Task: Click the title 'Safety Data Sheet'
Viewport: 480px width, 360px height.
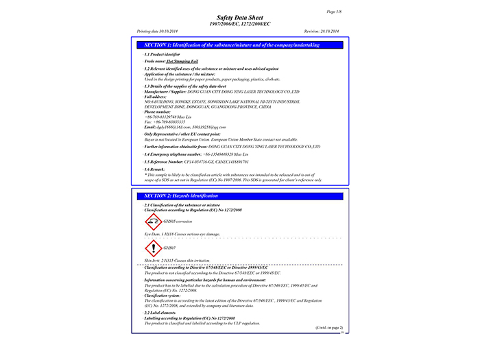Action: point(239,19)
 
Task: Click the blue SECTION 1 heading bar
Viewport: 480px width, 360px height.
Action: point(239,45)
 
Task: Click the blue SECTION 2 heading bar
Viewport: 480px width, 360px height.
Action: point(239,196)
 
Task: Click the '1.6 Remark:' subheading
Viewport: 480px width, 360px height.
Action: point(158,169)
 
